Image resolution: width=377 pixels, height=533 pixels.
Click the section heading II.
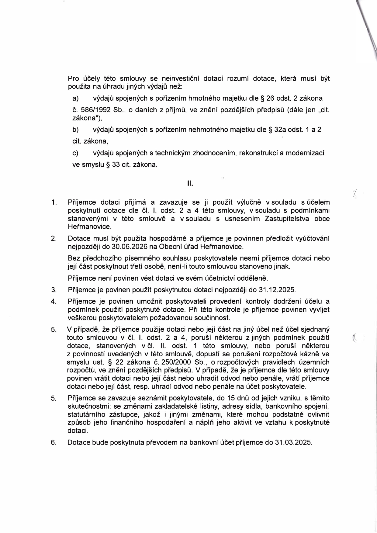point(190,184)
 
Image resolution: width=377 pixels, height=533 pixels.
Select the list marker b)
point(75,130)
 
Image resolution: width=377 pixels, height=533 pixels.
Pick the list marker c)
point(75,153)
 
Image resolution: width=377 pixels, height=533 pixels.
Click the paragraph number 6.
point(54,442)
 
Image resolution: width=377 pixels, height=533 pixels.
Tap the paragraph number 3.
point(54,290)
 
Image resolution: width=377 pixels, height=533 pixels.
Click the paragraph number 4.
point(54,302)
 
